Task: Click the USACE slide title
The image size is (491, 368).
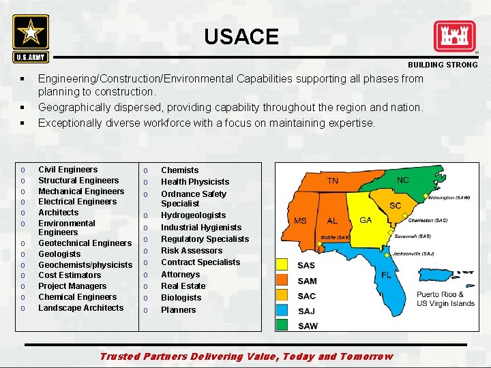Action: tap(241, 36)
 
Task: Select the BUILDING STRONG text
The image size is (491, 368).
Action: tap(443, 65)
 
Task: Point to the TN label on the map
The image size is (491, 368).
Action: tap(332, 181)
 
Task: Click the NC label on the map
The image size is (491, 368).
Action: tap(403, 180)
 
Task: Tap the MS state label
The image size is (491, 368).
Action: tap(300, 221)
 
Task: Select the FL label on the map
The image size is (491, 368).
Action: tap(386, 275)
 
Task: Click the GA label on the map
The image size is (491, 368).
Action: tap(366, 220)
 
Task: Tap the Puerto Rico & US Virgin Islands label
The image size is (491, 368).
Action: tap(445, 299)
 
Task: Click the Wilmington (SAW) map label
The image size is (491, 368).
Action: tap(449, 198)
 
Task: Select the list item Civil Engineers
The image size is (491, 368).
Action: tap(68, 170)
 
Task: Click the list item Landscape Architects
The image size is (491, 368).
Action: tap(80, 308)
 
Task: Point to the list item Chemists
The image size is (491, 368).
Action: tap(179, 170)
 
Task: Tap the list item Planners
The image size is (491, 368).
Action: tap(178, 310)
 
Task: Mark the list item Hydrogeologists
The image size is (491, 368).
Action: tap(193, 215)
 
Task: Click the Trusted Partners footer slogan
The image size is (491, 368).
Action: tap(246, 356)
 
